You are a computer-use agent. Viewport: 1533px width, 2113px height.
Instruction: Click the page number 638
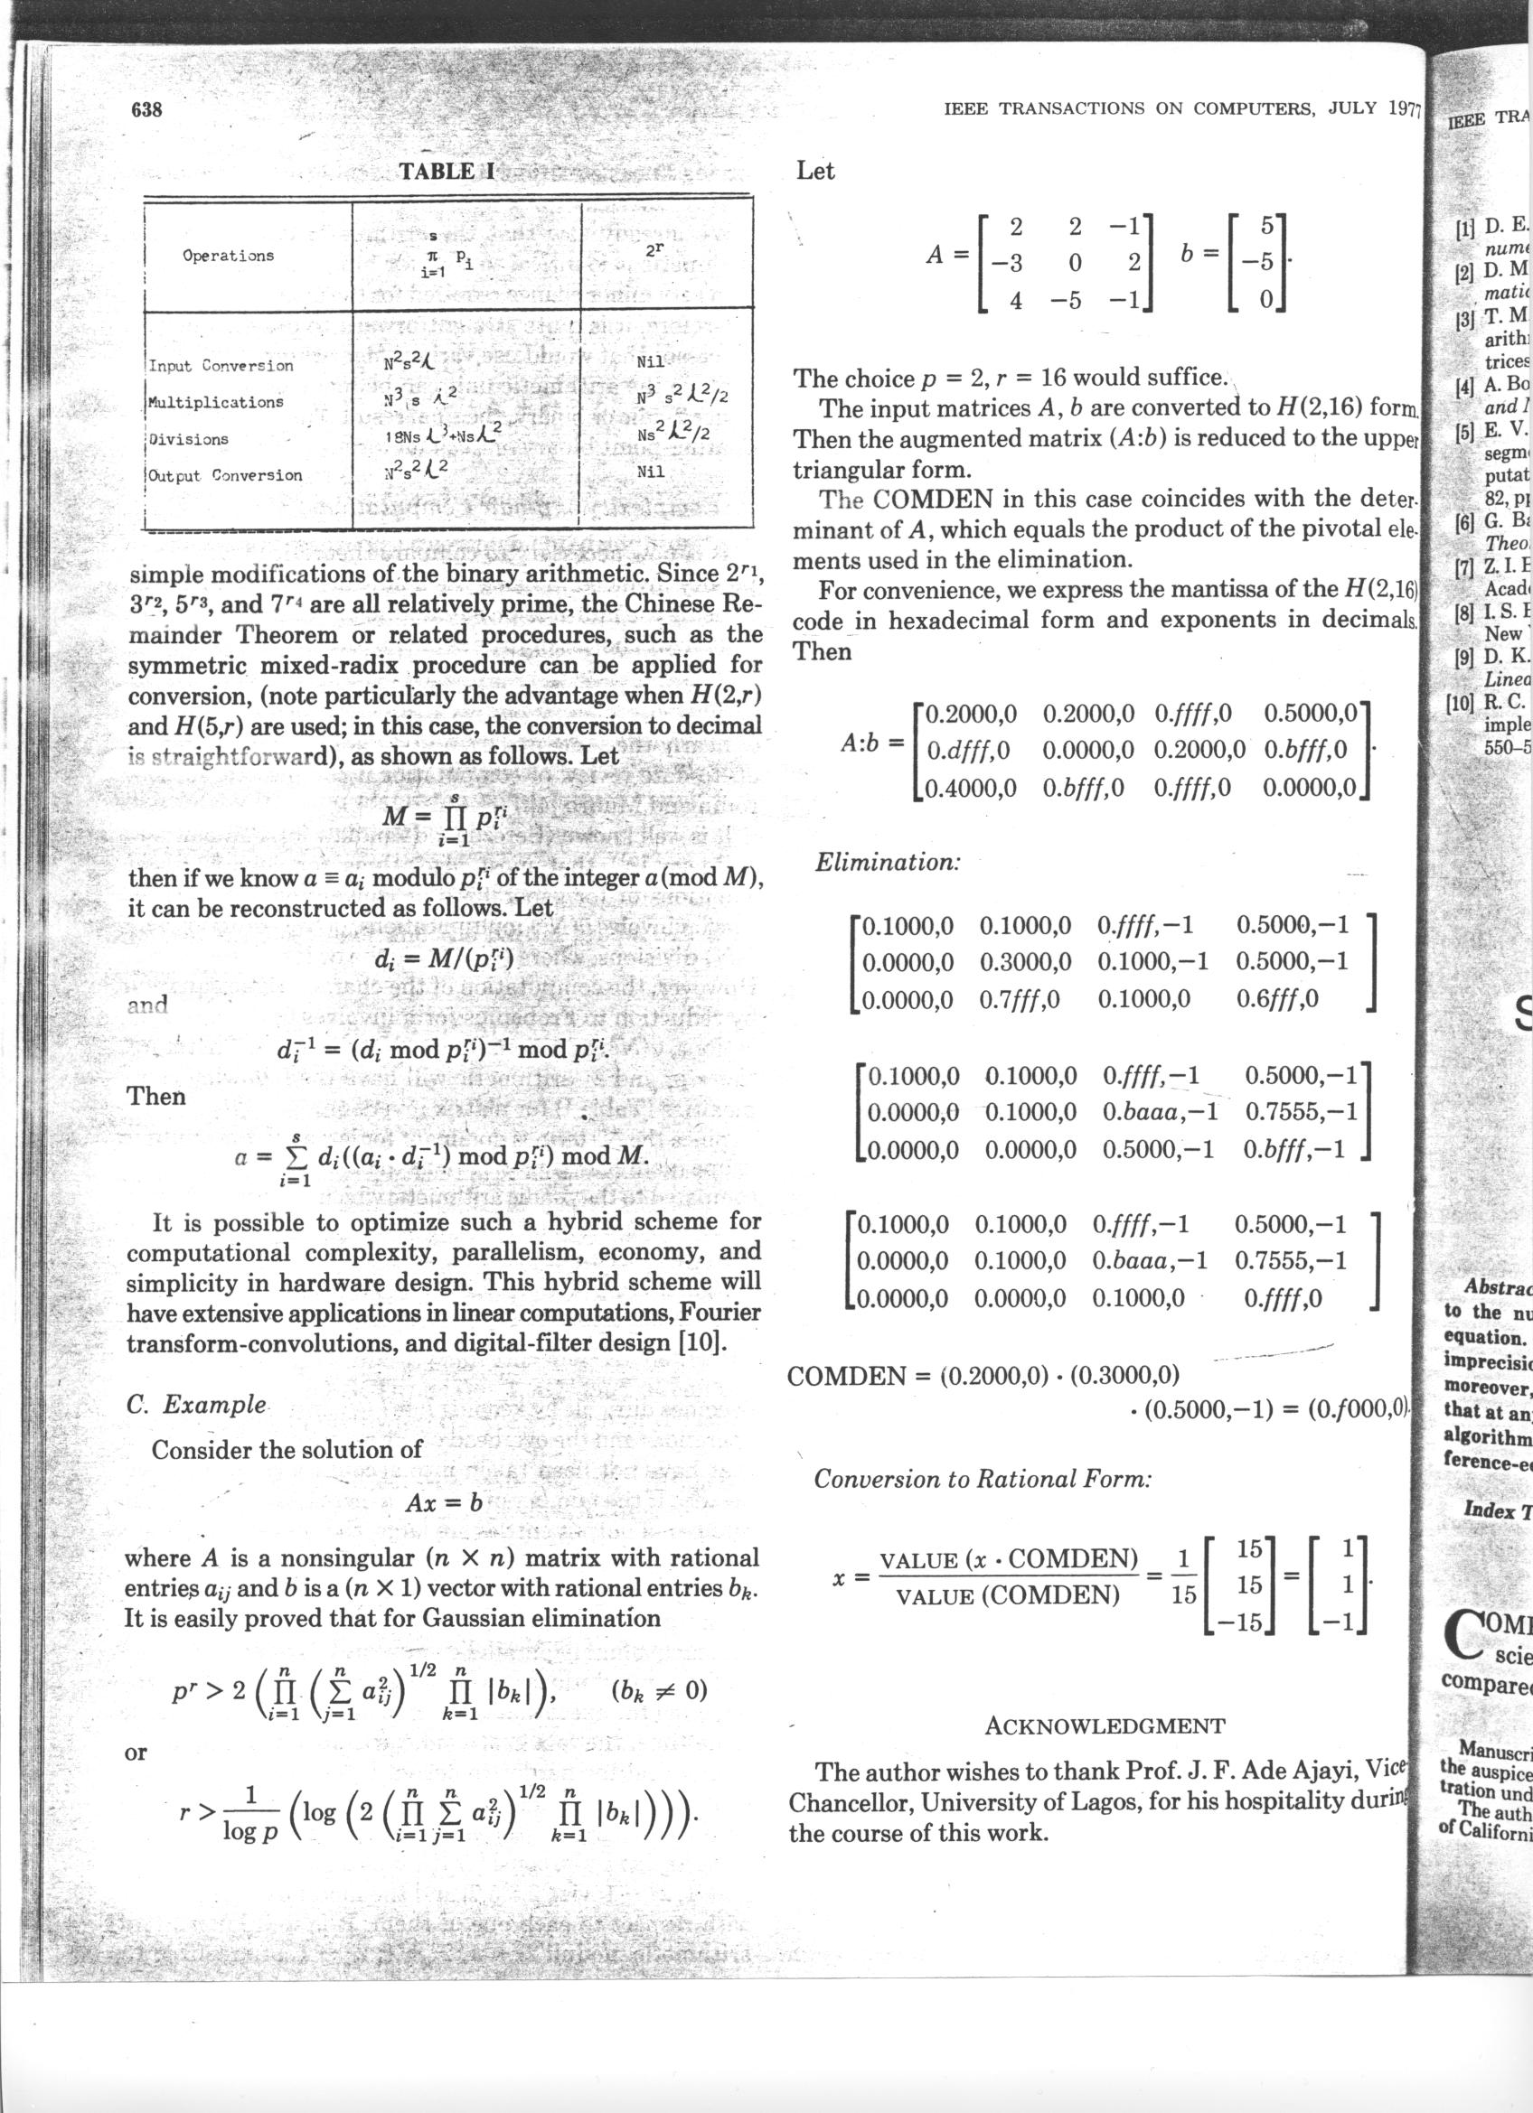pos(146,110)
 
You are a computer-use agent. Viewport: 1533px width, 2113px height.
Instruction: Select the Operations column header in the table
pos(229,256)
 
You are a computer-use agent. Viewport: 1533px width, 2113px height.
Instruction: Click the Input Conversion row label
pos(221,365)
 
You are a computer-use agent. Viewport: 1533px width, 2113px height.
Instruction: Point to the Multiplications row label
pos(215,403)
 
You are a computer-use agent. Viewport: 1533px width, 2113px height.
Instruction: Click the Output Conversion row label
pos(224,475)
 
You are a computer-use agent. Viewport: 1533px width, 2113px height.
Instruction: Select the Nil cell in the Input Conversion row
pos(652,363)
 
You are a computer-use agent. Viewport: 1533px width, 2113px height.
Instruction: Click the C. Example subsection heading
pos(196,1404)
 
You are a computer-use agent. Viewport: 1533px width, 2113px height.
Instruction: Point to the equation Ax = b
pos(444,1502)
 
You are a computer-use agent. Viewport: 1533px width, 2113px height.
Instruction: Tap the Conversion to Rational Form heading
pos(983,1479)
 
